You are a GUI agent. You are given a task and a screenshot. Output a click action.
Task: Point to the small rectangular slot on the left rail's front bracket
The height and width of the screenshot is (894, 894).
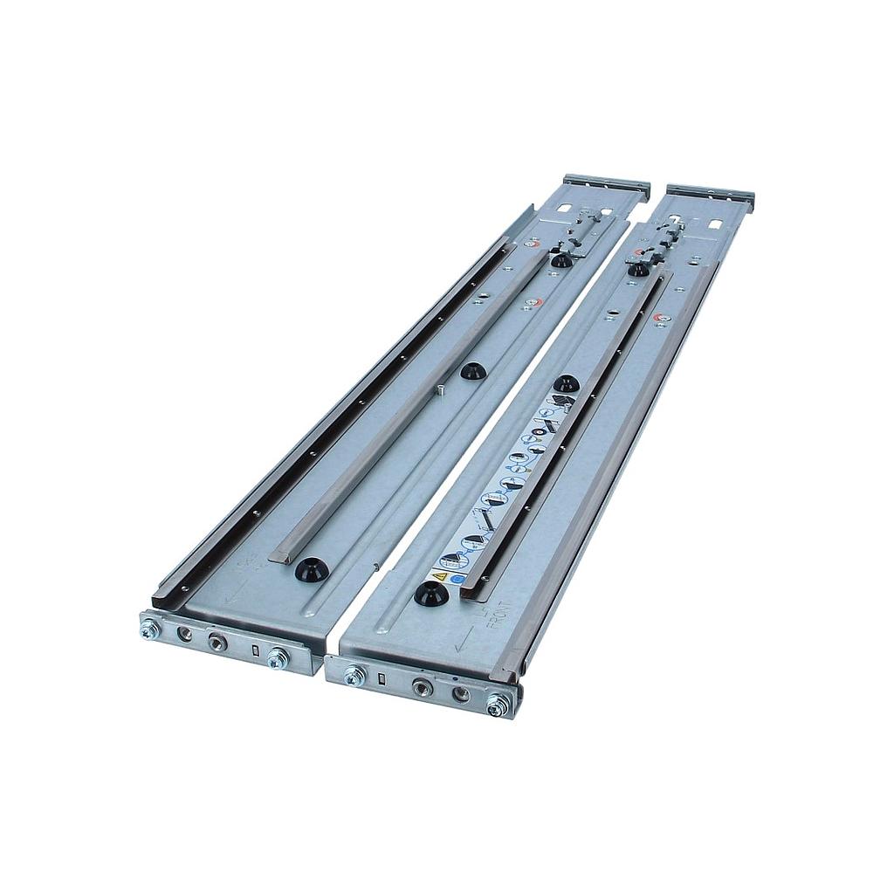click(254, 651)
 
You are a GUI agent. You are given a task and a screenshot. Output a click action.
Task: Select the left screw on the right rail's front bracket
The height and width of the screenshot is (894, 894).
click(354, 676)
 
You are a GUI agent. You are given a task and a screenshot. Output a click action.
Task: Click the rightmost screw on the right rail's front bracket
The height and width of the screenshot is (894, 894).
click(496, 704)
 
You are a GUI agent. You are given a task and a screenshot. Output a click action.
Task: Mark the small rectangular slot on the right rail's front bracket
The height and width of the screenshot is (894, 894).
click(382, 680)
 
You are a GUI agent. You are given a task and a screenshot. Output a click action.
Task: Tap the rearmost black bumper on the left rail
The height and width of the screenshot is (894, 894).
click(561, 259)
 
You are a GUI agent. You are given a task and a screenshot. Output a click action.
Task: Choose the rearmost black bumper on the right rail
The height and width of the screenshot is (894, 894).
click(638, 268)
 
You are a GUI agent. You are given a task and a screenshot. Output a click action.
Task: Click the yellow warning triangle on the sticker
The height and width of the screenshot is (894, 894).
click(440, 577)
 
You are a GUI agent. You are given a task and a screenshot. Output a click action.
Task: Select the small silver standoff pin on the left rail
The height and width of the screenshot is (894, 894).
click(444, 390)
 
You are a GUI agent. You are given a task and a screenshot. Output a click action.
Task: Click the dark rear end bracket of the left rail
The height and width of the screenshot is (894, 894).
click(606, 185)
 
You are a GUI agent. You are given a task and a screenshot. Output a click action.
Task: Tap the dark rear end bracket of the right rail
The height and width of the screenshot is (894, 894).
click(710, 196)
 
